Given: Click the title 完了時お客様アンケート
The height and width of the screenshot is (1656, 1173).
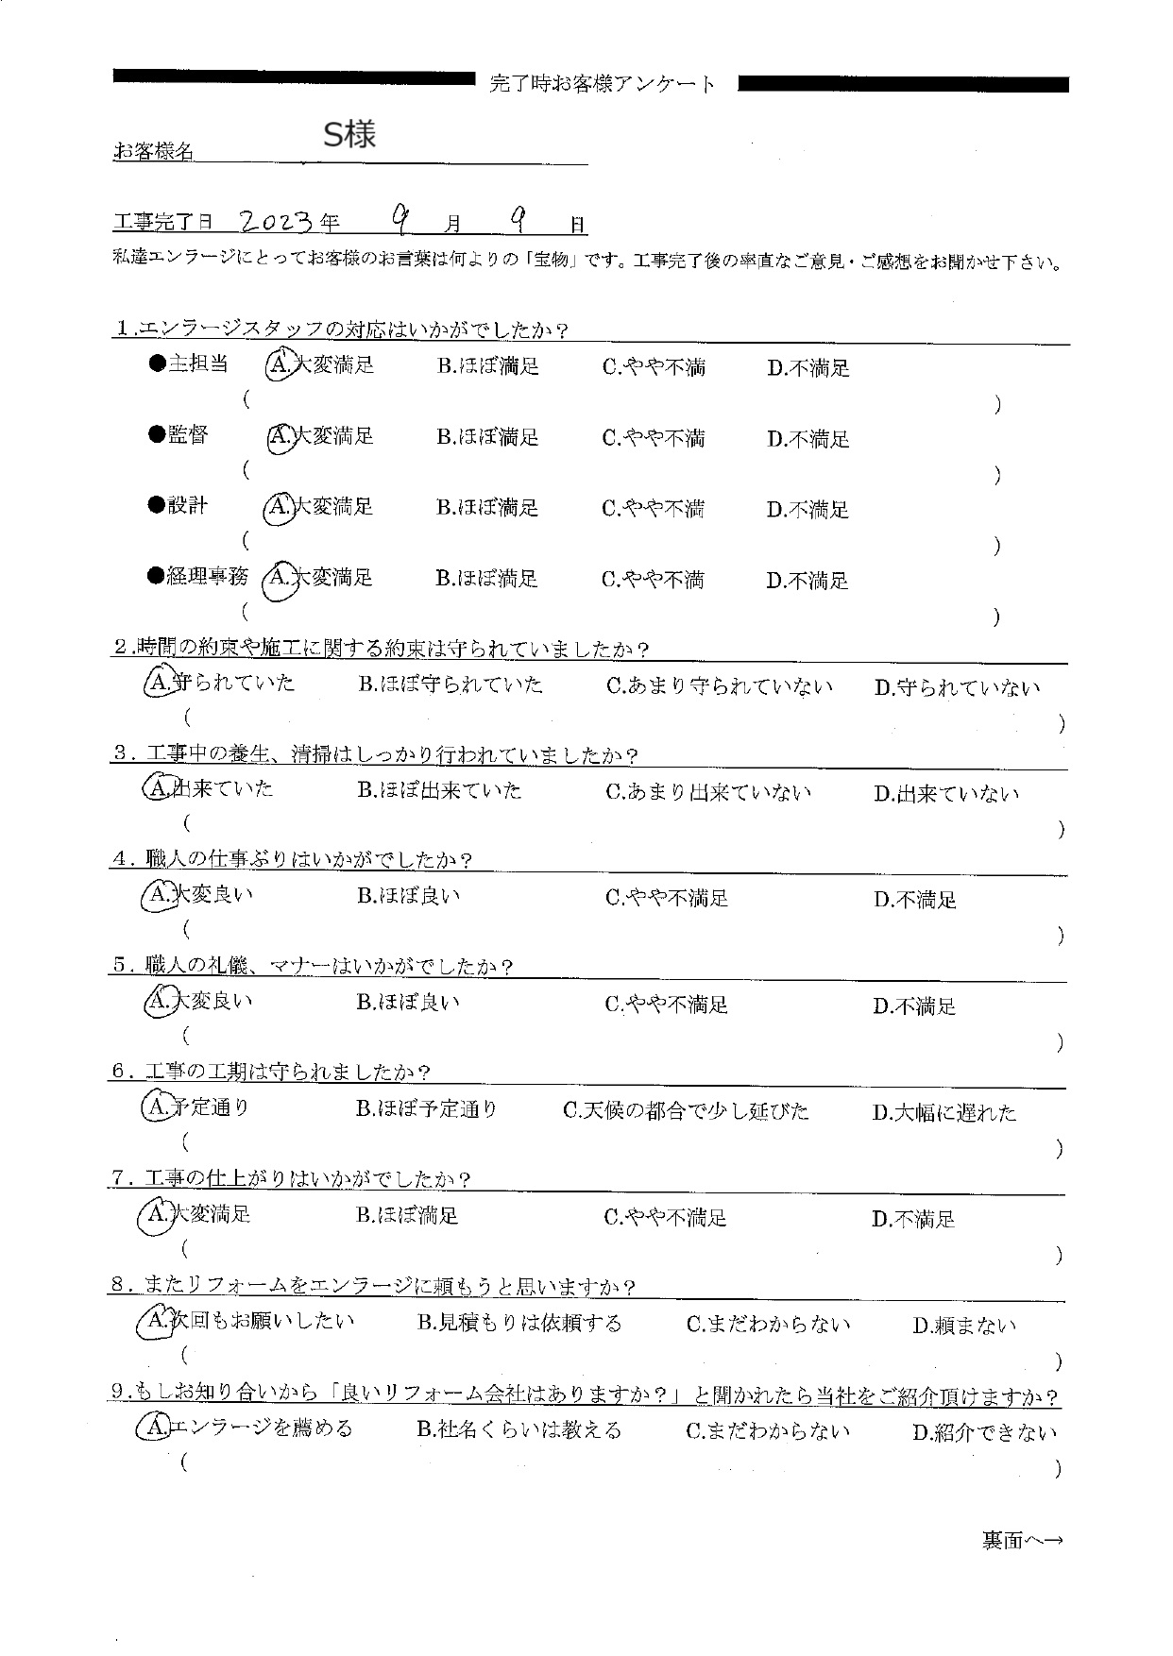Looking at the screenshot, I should click(603, 84).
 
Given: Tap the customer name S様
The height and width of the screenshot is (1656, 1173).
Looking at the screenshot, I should click(349, 136).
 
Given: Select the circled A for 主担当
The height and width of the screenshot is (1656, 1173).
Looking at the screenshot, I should click(279, 365).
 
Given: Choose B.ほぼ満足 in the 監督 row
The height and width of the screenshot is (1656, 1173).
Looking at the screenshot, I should click(487, 437).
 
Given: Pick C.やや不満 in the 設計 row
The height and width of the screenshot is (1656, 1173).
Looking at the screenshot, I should click(653, 509).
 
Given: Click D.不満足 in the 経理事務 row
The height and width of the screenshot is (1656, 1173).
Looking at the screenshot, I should click(807, 581).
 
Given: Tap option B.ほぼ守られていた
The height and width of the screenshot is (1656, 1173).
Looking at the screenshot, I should click(450, 685).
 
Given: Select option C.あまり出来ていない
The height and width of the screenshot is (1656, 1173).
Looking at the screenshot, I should click(708, 792).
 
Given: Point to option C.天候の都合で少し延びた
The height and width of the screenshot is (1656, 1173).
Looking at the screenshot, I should click(686, 1111).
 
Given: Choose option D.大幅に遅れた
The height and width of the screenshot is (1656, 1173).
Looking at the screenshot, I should click(944, 1113).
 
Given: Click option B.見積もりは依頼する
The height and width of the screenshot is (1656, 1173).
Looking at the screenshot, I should click(519, 1324).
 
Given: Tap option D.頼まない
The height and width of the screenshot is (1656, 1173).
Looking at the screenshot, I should click(964, 1326).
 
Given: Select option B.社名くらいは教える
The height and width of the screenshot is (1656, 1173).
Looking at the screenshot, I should click(519, 1430).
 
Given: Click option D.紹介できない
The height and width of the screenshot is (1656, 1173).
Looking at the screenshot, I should click(985, 1432).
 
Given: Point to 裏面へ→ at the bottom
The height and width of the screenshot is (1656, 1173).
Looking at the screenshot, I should click(1022, 1541).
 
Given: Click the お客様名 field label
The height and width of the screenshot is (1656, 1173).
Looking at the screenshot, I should click(153, 151).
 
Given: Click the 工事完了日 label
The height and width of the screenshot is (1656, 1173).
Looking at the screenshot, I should click(162, 224).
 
